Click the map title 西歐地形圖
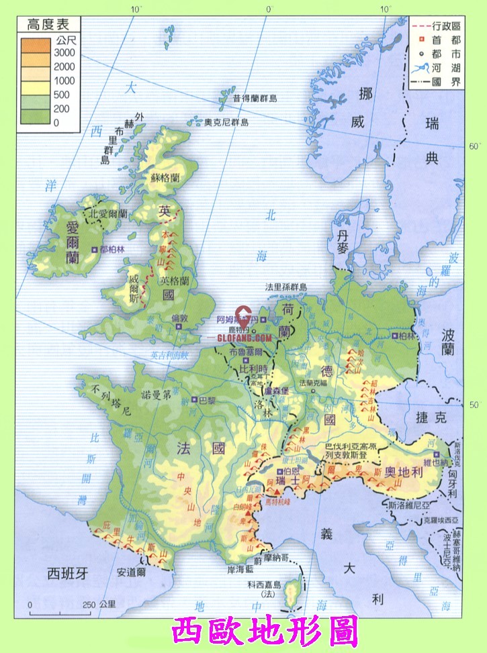click(x=265, y=632)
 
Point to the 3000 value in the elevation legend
click(x=65, y=52)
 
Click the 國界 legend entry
click(x=446, y=83)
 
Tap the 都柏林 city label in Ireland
click(x=112, y=249)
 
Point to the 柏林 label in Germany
click(x=407, y=335)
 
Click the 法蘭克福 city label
click(x=316, y=382)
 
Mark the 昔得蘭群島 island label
click(x=255, y=99)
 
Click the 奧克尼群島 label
click(x=226, y=122)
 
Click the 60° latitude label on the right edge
click(x=473, y=146)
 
